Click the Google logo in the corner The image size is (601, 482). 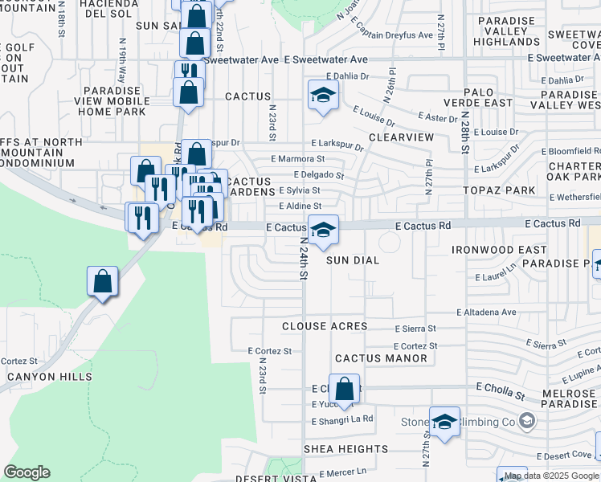pos(27,472)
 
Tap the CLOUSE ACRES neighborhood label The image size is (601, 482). pos(325,326)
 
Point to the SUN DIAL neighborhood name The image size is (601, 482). pos(353,260)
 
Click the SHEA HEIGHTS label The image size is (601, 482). pos(345,449)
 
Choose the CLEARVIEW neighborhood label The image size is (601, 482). pos(401,137)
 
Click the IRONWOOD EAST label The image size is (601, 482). pos(499,250)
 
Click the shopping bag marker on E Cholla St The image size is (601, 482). pos(344,390)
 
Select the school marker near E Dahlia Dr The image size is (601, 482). pos(323,96)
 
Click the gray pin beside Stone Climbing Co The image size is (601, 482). pos(527,420)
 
